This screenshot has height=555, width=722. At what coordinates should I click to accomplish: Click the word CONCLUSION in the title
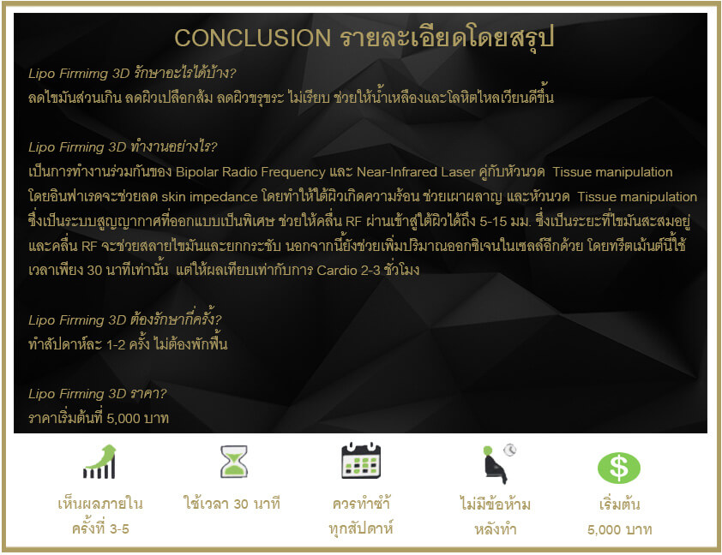[x=252, y=38]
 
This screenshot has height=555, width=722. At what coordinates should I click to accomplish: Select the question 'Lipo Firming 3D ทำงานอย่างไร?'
[x=123, y=146]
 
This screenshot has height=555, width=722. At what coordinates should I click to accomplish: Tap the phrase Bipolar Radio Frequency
[x=250, y=172]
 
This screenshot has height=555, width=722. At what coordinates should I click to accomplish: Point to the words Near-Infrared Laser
[x=416, y=172]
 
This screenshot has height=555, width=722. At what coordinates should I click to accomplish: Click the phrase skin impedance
[x=209, y=197]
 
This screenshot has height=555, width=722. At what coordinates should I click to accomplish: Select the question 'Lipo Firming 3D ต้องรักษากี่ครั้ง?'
[x=125, y=319]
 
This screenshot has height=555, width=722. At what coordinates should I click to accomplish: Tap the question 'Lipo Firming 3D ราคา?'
[x=97, y=394]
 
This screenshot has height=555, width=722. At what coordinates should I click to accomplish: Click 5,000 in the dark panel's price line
[x=123, y=419]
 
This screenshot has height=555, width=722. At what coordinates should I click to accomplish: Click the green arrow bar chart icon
[x=99, y=462]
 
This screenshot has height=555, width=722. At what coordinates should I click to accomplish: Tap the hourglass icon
[x=234, y=461]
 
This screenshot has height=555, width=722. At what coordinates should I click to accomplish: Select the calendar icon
[x=361, y=460]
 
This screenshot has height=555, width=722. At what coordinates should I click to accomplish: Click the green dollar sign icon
[x=619, y=468]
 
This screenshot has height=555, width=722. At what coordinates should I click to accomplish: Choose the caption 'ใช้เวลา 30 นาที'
[x=232, y=503]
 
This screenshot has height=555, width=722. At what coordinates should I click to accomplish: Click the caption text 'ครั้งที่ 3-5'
[x=100, y=528]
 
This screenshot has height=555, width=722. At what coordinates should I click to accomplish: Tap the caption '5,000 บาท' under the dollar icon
[x=620, y=529]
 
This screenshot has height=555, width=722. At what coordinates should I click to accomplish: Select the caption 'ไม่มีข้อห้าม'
[x=496, y=504]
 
